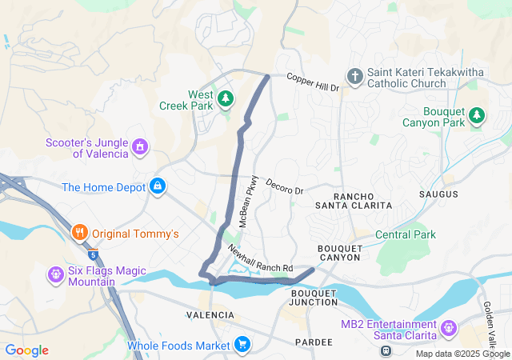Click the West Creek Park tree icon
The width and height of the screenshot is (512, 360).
[226, 98]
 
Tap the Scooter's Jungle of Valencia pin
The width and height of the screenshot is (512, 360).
[140, 146]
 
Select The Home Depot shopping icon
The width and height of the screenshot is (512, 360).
[158, 186]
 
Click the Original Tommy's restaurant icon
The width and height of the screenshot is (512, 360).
[79, 234]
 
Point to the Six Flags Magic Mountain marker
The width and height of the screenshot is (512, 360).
[56, 275]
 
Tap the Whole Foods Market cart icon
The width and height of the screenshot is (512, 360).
[241, 346]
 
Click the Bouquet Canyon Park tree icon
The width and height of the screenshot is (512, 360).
[477, 116]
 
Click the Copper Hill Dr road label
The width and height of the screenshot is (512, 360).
[313, 82]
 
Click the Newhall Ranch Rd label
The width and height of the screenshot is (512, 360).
[261, 258]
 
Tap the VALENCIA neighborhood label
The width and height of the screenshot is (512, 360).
[210, 315]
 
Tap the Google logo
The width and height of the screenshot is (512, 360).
[26, 350]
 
